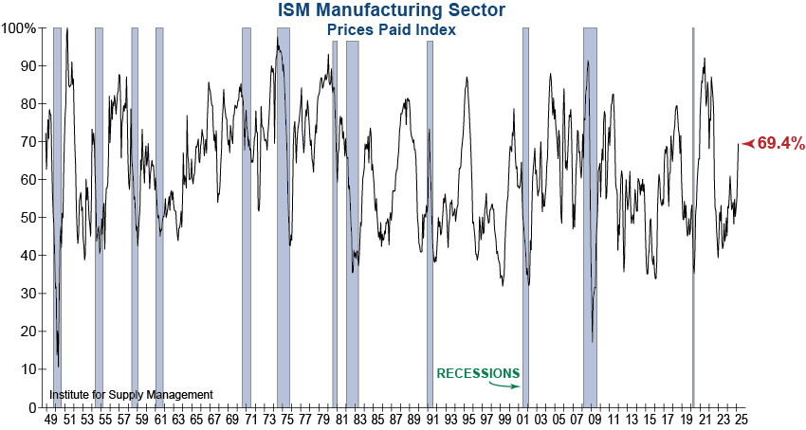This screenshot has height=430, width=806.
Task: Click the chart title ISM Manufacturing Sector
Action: tap(392, 10)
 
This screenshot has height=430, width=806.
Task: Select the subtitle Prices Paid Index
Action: tap(392, 29)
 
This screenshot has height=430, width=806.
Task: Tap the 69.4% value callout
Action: tap(781, 144)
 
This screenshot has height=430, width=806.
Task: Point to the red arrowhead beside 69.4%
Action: tap(748, 143)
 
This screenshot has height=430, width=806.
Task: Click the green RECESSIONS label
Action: tap(478, 373)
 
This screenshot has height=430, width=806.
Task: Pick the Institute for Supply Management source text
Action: tap(131, 394)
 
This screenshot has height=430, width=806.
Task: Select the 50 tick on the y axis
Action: tap(27, 218)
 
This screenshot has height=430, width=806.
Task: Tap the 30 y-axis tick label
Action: tap(27, 294)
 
